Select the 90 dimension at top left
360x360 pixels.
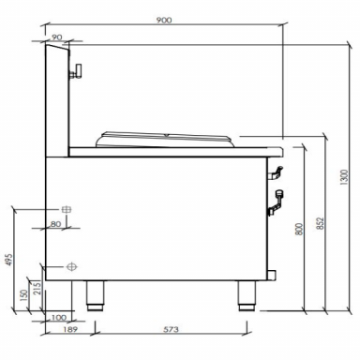(x=58, y=38)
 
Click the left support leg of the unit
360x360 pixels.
(x=96, y=296)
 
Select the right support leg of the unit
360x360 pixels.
(x=245, y=296)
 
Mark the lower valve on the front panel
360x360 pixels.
(x=279, y=196)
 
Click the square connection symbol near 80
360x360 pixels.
(x=67, y=208)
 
